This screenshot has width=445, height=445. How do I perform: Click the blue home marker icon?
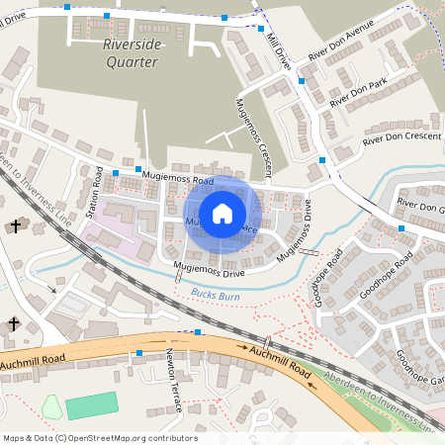[222, 213]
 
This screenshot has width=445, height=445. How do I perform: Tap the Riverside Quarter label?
[132, 52]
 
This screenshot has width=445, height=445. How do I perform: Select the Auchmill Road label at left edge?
[33, 358]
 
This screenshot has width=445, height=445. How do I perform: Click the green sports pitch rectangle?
[90, 405]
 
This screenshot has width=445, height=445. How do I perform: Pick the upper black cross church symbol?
[15, 226]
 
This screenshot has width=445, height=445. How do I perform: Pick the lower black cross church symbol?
[15, 323]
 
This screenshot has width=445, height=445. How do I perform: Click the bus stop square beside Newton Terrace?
[139, 352]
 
